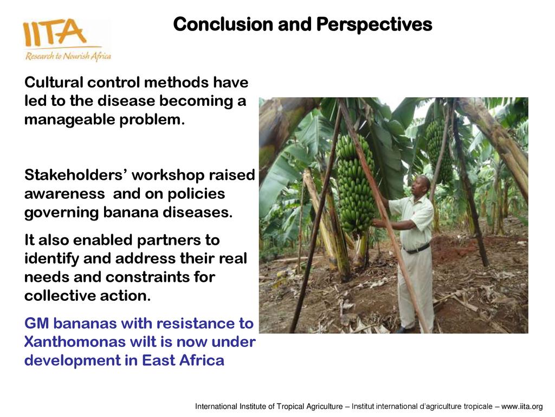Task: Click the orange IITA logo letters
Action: [54, 32]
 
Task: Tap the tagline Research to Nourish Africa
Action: [68, 56]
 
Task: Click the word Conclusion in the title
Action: [223, 24]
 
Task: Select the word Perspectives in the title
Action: [374, 25]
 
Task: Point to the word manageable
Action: [69, 120]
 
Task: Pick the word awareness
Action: [64, 194]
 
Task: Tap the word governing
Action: [61, 213]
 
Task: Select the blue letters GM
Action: [36, 324]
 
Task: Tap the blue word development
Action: [73, 361]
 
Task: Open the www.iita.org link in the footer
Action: [522, 406]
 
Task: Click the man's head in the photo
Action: [422, 186]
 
